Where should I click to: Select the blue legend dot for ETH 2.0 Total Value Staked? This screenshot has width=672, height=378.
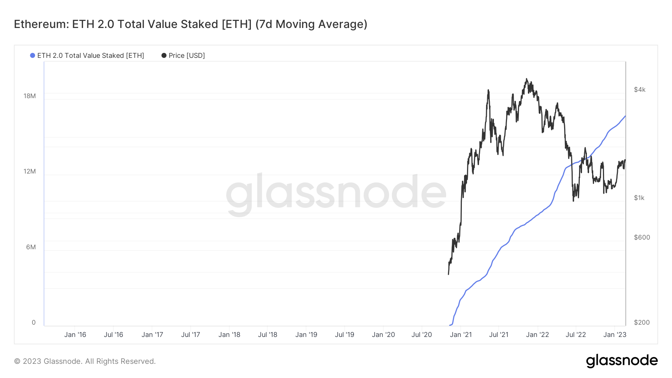32,56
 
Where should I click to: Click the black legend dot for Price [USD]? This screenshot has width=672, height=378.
164,56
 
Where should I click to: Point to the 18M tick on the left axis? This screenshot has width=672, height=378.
29,96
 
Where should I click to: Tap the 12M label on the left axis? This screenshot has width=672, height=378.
29,171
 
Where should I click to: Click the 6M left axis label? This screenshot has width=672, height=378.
31,247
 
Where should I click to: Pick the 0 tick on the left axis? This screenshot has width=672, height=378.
34,322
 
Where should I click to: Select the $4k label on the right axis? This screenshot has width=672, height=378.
640,90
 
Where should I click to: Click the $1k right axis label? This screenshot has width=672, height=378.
639,198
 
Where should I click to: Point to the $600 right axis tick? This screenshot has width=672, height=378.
642,237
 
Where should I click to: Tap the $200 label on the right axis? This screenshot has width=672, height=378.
642,322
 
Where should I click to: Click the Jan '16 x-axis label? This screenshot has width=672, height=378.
75,335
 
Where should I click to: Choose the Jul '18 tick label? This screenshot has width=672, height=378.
268,335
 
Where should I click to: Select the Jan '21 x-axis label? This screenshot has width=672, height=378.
461,335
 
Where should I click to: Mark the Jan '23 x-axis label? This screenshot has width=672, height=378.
615,335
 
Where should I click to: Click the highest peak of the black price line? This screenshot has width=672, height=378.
526,79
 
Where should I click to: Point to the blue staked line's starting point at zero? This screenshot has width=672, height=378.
450,325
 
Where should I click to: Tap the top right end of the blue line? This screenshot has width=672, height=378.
625,116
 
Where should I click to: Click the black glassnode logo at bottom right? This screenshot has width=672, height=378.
622,361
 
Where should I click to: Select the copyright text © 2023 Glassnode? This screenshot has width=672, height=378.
85,361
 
